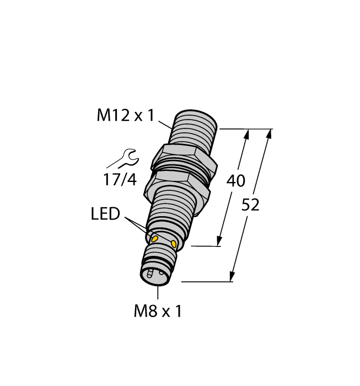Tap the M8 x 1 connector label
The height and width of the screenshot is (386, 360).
[158, 312]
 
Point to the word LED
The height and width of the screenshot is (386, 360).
[105, 214]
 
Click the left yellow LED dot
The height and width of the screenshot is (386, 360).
[155, 238]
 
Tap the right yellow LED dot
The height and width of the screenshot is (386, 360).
[174, 244]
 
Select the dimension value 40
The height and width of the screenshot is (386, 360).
[237, 181]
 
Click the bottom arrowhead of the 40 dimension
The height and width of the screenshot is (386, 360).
[220, 240]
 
